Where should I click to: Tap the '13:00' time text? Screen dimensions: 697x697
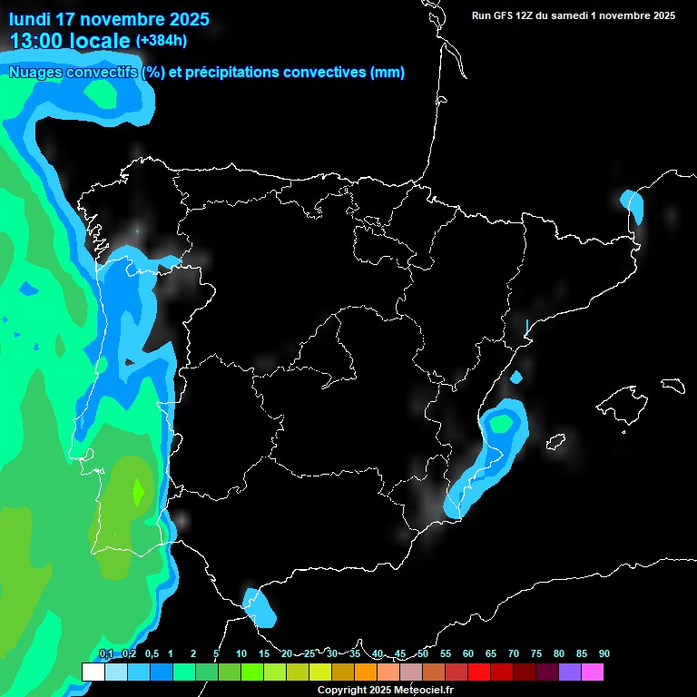[x=36, y=41]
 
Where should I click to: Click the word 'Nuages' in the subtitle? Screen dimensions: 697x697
[x=34, y=73]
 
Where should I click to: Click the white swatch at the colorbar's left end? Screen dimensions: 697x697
[x=93, y=672]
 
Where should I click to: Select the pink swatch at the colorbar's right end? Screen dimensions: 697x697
[x=593, y=672]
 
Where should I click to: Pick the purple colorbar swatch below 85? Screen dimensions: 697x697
[x=570, y=672]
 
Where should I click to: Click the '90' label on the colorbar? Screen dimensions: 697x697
[x=604, y=654]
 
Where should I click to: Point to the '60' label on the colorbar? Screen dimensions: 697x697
[x=468, y=654]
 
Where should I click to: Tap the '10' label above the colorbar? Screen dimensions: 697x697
[x=241, y=654]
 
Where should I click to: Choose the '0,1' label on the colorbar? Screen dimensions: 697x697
[x=106, y=654]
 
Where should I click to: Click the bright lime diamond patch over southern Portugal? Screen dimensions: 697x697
[x=138, y=492]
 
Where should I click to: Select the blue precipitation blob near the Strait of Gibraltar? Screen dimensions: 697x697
[x=260, y=607]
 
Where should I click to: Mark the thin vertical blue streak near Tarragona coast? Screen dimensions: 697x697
[x=527, y=326]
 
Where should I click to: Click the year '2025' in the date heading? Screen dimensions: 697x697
[x=188, y=19]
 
